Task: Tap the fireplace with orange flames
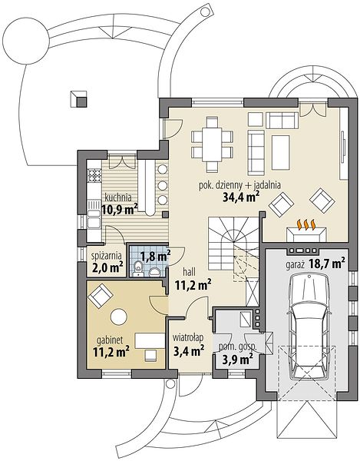[x=306, y=231]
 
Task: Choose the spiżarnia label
[x=105, y=256]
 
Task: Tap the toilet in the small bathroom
[x=137, y=268]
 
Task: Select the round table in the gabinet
[x=119, y=317]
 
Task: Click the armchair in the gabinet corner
[x=100, y=295]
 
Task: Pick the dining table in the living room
[x=212, y=144]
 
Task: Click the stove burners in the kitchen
[x=94, y=175]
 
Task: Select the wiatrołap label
[x=188, y=338]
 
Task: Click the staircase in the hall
[x=233, y=249]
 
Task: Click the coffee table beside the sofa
[x=281, y=152]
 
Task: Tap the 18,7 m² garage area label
[x=327, y=264]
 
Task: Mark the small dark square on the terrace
[x=81, y=101]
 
